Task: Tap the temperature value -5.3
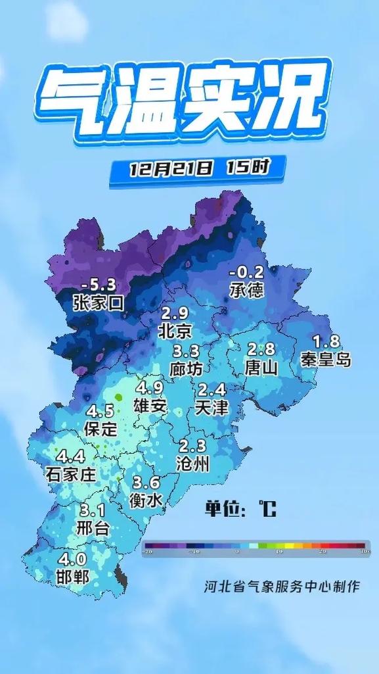(99, 285)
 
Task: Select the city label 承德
(247, 289)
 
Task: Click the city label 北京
(175, 330)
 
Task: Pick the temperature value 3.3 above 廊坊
(186, 351)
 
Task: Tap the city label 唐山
(261, 366)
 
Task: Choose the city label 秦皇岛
(326, 360)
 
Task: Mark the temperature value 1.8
(326, 342)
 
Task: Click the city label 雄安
(150, 405)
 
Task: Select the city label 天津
(212, 407)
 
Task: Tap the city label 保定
(100, 429)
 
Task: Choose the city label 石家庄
(71, 473)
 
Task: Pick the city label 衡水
(146, 500)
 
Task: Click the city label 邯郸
(72, 577)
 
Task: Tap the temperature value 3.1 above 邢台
(93, 510)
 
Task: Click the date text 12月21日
(170, 168)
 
